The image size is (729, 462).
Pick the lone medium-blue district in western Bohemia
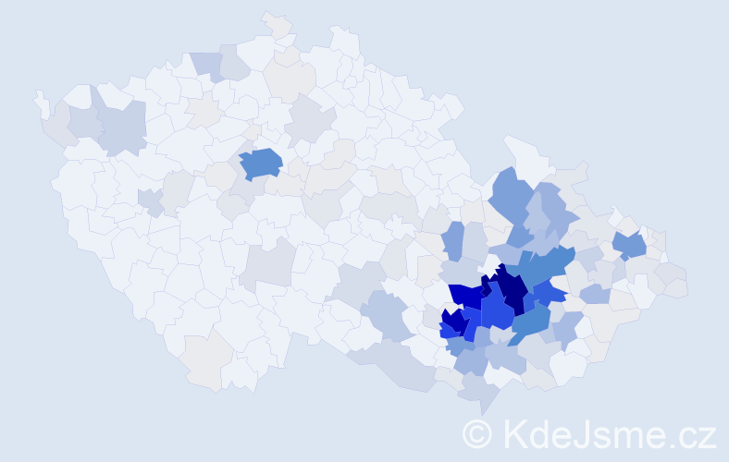coord(262,163)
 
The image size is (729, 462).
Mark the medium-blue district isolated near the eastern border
coord(631,245)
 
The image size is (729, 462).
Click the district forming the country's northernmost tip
coord(276,24)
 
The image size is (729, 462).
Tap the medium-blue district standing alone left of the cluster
coord(453,240)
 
